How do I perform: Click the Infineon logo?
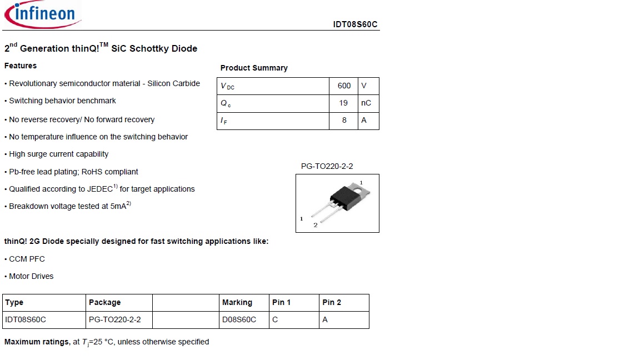click(42, 14)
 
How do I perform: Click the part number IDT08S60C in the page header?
click(355, 24)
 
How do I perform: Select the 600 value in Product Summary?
click(344, 86)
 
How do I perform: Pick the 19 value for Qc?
click(343, 103)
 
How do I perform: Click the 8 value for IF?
click(344, 120)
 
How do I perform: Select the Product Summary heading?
click(254, 68)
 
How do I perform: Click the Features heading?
click(21, 66)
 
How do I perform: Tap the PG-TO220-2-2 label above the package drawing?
click(327, 166)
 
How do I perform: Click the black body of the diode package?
click(342, 196)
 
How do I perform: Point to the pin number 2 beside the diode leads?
click(316, 225)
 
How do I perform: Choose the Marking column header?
click(237, 302)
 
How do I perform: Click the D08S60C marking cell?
click(239, 319)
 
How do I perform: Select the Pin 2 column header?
click(332, 302)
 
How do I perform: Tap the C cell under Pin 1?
click(275, 319)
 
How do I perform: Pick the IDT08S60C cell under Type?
click(26, 319)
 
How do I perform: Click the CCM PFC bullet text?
click(27, 259)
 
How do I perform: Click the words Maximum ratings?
click(36, 342)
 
